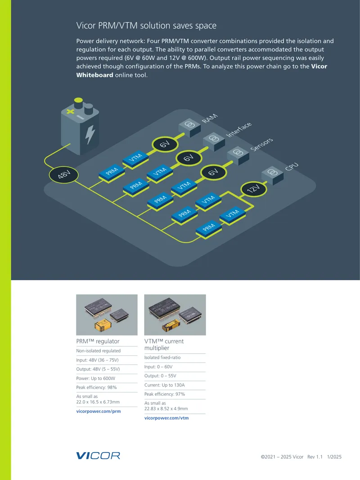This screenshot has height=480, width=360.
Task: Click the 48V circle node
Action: [63, 175]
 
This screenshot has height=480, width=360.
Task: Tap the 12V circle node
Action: [253, 189]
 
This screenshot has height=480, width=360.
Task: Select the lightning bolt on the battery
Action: [90, 134]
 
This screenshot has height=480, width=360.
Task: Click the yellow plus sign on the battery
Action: [71, 111]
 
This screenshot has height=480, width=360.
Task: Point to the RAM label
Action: [210, 118]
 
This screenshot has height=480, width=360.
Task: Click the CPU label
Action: [292, 167]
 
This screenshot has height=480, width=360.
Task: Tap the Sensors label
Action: [261, 145]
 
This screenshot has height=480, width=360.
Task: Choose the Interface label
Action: [239, 130]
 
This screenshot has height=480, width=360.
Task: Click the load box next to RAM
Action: [189, 127]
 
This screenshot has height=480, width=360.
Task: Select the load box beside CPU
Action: [273, 175]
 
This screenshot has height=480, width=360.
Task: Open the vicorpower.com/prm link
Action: [99, 411]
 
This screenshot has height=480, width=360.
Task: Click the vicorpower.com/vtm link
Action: [166, 418]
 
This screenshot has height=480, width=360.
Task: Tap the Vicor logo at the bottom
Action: [98, 456]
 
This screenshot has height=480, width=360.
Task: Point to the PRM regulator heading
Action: [98, 341]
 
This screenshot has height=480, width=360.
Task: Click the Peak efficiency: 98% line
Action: [96, 387]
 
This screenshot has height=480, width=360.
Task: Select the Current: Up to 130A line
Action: [165, 385]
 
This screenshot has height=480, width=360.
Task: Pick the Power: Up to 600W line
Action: [96, 378]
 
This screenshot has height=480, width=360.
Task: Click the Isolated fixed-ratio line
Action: [162, 357]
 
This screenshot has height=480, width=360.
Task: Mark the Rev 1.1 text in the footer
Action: [315, 457]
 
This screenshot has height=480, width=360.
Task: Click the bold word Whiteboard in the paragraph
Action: [94, 75]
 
